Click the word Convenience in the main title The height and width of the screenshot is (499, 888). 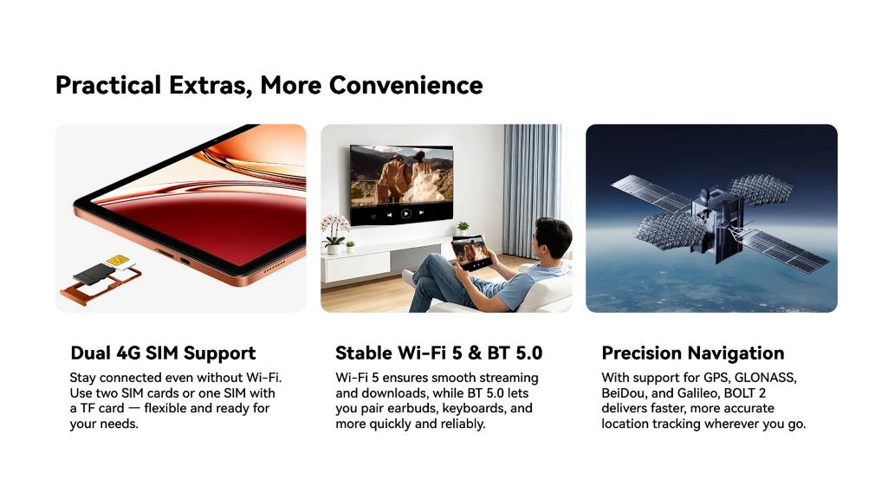pyautogui.click(x=405, y=86)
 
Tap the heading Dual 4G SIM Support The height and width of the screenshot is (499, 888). pyautogui.click(x=163, y=353)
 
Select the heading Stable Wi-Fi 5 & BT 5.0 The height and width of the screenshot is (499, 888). pyautogui.click(x=439, y=353)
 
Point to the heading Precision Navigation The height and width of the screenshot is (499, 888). pyautogui.click(x=692, y=353)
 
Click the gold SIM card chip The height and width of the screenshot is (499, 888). pyautogui.click(x=117, y=260)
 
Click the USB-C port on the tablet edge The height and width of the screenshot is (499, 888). pyautogui.click(x=185, y=261)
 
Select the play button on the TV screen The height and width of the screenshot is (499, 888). pyautogui.click(x=405, y=213)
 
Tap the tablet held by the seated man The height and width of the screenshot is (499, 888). pyautogui.click(x=470, y=251)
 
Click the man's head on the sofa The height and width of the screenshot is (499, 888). pyautogui.click(x=551, y=238)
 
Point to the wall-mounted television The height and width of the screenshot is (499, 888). pyautogui.click(x=401, y=184)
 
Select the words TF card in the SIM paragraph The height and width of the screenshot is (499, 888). pyautogui.click(x=102, y=408)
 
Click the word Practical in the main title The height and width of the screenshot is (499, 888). pyautogui.click(x=108, y=86)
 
